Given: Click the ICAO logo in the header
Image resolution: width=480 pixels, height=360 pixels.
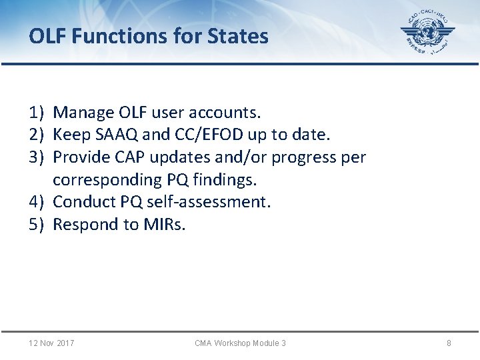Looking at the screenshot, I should (x=427, y=33).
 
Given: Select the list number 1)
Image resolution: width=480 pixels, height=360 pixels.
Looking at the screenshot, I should (x=37, y=113).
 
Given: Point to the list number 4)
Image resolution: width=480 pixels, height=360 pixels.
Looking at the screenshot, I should (x=37, y=201).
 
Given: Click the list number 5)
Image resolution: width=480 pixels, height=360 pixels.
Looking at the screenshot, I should (x=37, y=224).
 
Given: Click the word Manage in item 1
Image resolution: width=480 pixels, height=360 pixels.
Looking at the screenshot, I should (x=83, y=113).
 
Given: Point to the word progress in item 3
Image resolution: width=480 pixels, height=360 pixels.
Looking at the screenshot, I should (x=303, y=158).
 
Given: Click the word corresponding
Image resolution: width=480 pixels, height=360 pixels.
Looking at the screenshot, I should (x=107, y=180).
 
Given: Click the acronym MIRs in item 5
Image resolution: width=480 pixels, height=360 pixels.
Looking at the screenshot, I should (x=164, y=224).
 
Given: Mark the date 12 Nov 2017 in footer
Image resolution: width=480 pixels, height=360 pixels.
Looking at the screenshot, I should (x=51, y=343).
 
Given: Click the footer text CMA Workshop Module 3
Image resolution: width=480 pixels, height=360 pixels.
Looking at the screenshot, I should (x=240, y=343).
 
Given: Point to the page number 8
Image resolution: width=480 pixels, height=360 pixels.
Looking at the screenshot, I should (x=449, y=343).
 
